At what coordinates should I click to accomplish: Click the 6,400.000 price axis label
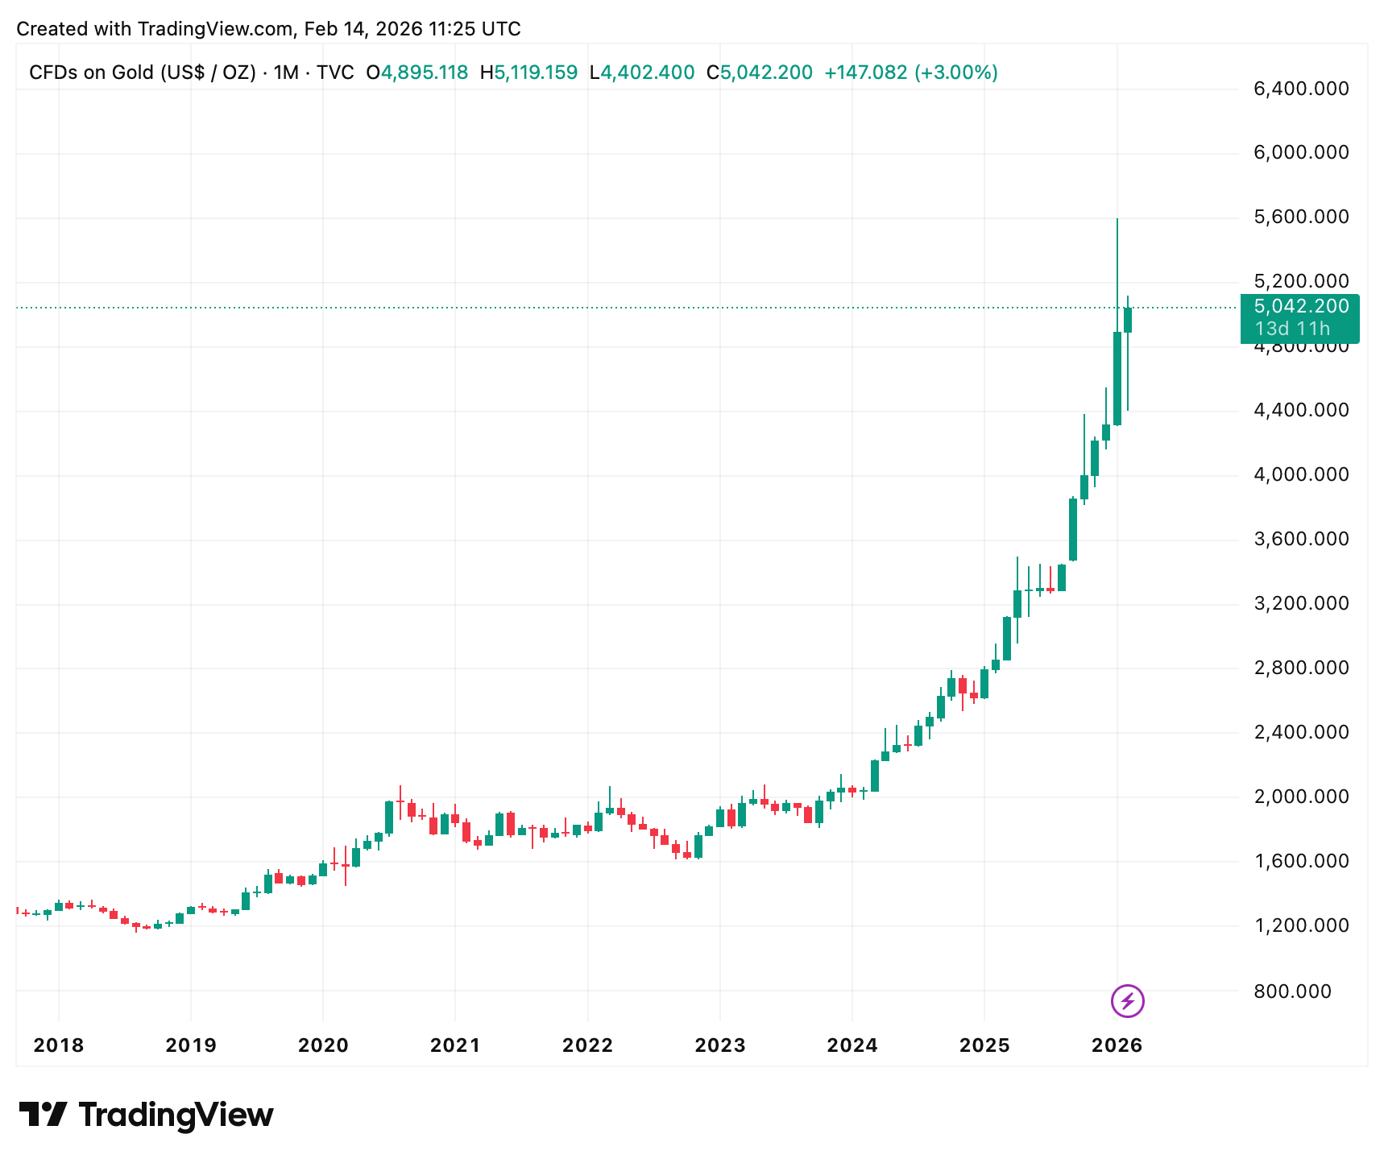pyautogui.click(x=1301, y=89)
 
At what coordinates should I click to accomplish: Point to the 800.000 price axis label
pyautogui.click(x=1292, y=991)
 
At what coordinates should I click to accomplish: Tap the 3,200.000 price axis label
pyautogui.click(x=1301, y=603)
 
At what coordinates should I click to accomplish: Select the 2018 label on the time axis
pyautogui.click(x=59, y=1045)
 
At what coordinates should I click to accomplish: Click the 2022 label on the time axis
pyautogui.click(x=587, y=1045)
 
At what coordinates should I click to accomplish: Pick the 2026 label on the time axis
pyautogui.click(x=1117, y=1045)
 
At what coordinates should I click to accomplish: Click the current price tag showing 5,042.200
pyautogui.click(x=1301, y=306)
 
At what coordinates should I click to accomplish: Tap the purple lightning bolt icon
pyautogui.click(x=1127, y=1001)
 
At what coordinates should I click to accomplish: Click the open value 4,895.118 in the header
pyautogui.click(x=424, y=72)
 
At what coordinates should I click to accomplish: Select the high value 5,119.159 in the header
pyautogui.click(x=536, y=72)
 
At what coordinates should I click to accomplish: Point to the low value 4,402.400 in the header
pyautogui.click(x=648, y=72)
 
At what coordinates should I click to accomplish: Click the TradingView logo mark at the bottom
pyautogui.click(x=43, y=1115)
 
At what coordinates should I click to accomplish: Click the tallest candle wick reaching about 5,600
pyautogui.click(x=1117, y=266)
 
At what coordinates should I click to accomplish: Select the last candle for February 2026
pyautogui.click(x=1128, y=320)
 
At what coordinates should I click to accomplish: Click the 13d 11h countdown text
pyautogui.click(x=1292, y=329)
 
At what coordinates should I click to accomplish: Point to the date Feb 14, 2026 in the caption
pyautogui.click(x=363, y=29)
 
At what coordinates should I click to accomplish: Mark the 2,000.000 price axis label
pyautogui.click(x=1301, y=797)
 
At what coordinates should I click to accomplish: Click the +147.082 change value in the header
pyautogui.click(x=865, y=72)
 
